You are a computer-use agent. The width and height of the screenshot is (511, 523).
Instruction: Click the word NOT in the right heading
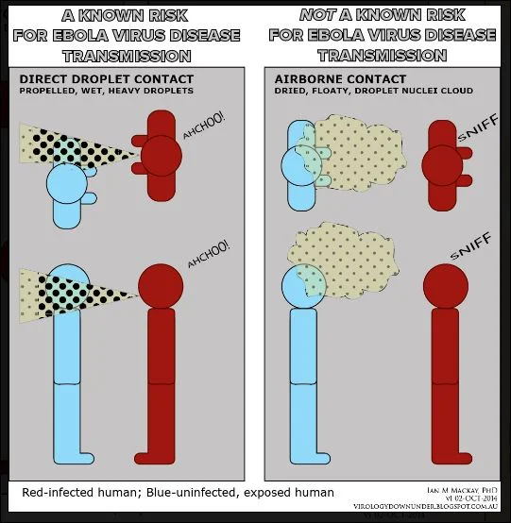317,15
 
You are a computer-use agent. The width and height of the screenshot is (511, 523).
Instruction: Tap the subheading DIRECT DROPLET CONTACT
107,79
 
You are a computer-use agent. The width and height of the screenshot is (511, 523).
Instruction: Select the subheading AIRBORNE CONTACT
340,79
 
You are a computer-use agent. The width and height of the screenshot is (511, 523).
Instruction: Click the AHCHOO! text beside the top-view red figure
204,126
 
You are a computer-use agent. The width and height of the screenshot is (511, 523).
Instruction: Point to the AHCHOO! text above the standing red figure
209,254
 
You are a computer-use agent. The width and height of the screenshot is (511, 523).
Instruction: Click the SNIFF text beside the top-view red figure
478,127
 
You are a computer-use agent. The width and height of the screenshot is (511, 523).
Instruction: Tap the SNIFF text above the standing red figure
470,245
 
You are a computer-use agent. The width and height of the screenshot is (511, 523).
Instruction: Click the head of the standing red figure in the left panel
161,286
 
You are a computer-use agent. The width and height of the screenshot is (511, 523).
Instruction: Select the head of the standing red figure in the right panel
446,286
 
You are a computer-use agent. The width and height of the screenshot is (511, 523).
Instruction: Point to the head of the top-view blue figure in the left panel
67,183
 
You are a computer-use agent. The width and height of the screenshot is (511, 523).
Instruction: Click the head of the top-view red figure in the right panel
442,166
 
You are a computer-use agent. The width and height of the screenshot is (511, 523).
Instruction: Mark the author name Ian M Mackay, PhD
462,490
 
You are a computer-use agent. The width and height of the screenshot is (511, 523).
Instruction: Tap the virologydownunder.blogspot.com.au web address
426,506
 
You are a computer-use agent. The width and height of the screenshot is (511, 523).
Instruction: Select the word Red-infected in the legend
57,493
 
